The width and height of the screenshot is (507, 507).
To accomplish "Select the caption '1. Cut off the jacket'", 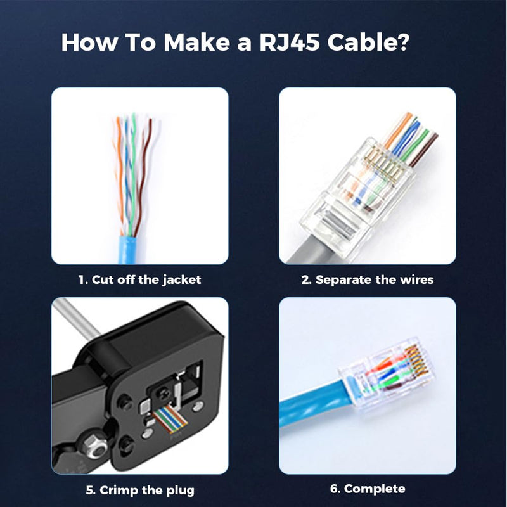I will click(x=139, y=279).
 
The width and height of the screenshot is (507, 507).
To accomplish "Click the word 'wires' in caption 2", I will click(x=413, y=279).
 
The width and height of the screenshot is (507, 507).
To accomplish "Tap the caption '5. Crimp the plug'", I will click(x=139, y=489).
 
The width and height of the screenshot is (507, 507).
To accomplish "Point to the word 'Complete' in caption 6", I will click(x=375, y=489).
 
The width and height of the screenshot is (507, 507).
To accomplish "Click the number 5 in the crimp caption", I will click(x=89, y=489).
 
